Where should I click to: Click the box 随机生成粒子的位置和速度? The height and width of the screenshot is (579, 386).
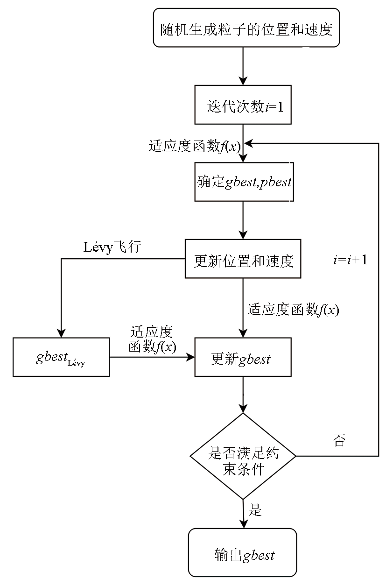click(x=246, y=28)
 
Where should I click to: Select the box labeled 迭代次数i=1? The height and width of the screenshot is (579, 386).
click(x=243, y=105)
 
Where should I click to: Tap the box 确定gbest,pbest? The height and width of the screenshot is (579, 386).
click(x=244, y=182)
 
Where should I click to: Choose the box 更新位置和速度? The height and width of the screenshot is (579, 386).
click(x=243, y=259)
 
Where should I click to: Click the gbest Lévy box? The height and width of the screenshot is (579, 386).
click(x=61, y=357)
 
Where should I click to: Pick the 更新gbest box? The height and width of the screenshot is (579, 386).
click(x=243, y=357)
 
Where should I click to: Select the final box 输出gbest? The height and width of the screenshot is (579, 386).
click(x=243, y=553)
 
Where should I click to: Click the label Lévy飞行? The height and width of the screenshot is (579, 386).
click(x=112, y=247)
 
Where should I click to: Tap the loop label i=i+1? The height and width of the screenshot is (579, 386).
click(x=350, y=260)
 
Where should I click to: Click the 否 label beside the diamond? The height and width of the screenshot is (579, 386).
click(x=339, y=440)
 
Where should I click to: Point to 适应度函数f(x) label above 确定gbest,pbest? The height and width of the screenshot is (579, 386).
click(x=195, y=146)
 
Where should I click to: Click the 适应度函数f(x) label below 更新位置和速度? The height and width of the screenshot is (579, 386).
click(x=293, y=310)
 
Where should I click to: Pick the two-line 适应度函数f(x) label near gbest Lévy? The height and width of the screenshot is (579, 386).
click(x=152, y=339)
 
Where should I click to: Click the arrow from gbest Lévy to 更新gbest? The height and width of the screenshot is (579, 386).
click(x=152, y=358)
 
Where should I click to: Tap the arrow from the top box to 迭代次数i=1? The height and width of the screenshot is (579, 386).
click(x=243, y=66)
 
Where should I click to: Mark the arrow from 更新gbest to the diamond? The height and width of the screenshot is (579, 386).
click(x=243, y=395)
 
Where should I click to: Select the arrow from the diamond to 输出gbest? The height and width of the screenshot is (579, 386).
click(x=243, y=514)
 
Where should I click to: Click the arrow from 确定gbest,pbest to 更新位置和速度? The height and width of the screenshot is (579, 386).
click(x=243, y=220)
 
